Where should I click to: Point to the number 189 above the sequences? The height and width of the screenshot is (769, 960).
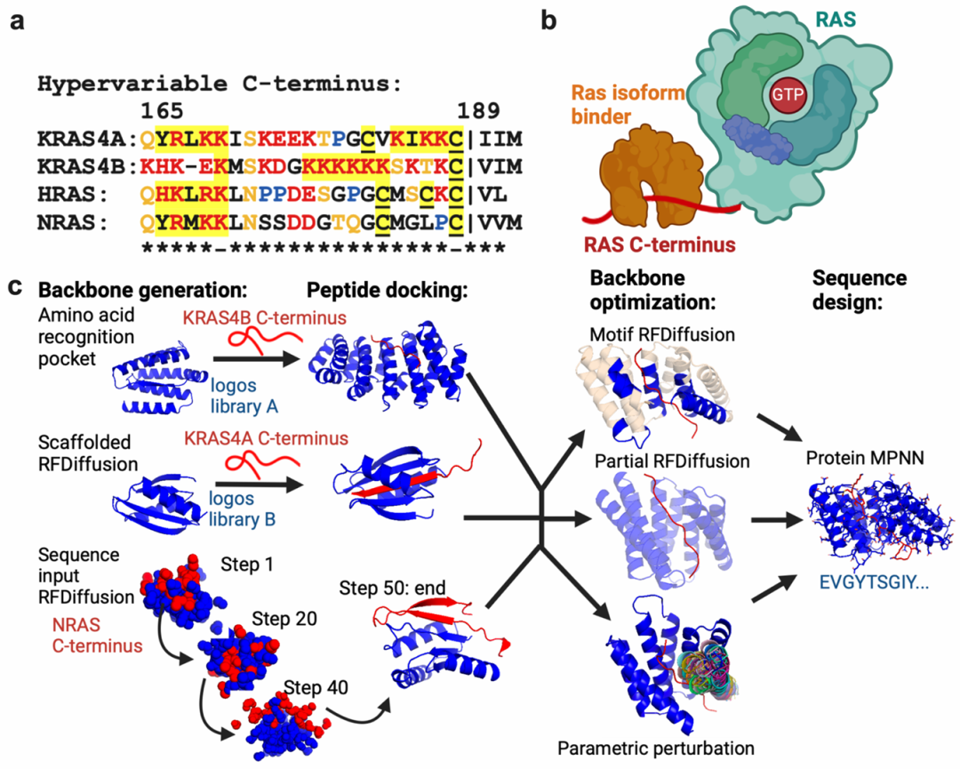coord(478,112)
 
